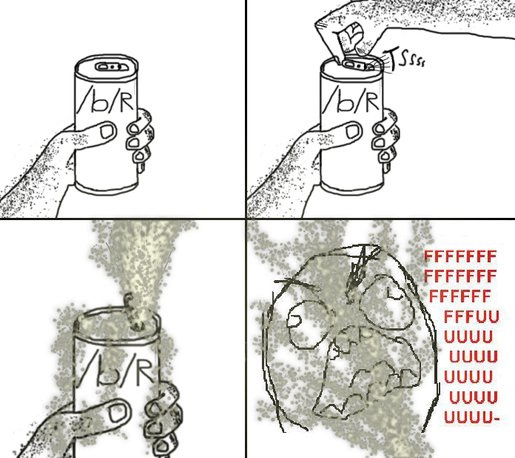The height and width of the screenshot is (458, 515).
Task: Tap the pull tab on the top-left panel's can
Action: [109, 67]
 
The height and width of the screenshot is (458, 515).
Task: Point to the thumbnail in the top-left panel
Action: [106, 133]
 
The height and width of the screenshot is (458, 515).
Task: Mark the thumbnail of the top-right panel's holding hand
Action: [353, 132]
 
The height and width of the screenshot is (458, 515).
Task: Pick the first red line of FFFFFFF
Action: [460, 258]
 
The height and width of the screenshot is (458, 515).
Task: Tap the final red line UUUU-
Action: [471, 419]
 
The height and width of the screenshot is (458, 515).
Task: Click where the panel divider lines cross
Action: [246, 219]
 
